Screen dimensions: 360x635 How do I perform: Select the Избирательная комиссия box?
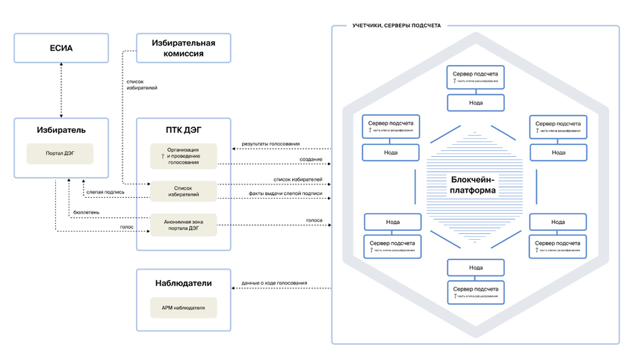[179, 47]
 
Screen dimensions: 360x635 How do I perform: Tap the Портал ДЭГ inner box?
[61, 154]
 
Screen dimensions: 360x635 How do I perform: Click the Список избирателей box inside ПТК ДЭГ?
[183, 190]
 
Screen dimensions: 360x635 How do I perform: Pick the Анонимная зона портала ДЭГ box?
[183, 224]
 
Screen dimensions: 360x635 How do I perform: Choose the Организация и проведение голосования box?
[183, 155]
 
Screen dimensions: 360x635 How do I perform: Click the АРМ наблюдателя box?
[183, 307]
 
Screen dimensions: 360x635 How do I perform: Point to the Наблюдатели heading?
[183, 283]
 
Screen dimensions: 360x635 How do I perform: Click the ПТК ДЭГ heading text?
[183, 131]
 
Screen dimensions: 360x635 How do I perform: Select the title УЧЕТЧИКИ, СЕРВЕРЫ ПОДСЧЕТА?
[396, 25]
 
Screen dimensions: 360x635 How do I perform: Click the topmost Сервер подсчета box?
[474, 78]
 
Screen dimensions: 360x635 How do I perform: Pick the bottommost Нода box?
[474, 267]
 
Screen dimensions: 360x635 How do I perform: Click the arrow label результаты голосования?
[270, 144]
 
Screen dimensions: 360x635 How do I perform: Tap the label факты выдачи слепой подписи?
[285, 193]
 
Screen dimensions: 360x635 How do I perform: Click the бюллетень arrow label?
[87, 212]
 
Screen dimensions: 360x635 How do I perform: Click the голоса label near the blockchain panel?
[314, 220]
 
